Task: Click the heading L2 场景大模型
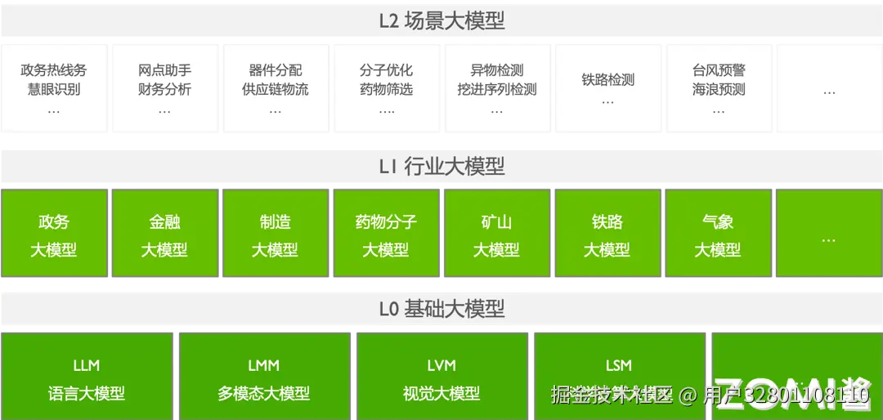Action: (441, 21)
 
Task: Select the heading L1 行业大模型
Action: (441, 167)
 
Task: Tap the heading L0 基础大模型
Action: (441, 309)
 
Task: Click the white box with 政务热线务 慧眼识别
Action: (54, 87)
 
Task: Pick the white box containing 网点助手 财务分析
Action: (164, 87)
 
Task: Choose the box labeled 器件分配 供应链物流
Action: (276, 87)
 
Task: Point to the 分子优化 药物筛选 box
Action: (386, 87)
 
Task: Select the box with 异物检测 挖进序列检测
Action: (497, 87)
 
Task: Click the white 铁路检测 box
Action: (607, 87)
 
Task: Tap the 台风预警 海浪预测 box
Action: (719, 87)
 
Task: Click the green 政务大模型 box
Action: (54, 235)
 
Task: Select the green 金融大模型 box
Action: (164, 235)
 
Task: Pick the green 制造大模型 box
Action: (276, 235)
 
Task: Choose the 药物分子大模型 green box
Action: (386, 235)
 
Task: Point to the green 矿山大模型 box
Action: (497, 235)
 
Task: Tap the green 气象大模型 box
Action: (718, 235)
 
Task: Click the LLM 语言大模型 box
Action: (87, 378)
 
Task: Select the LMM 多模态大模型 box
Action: (264, 378)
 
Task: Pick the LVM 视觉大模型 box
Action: (441, 378)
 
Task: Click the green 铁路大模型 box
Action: (607, 235)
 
